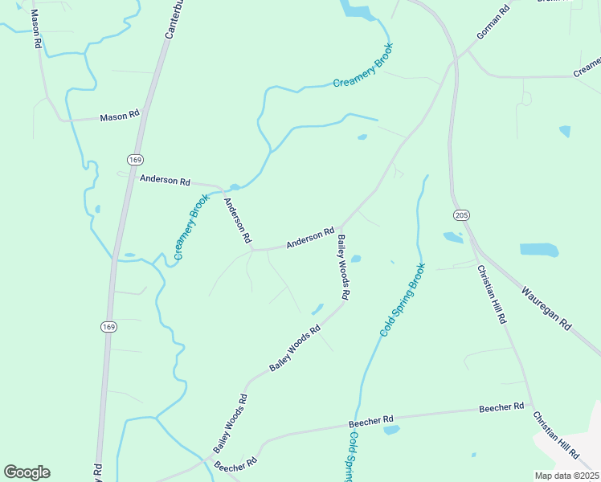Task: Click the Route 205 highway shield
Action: [x=461, y=215]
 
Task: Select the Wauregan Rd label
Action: [x=546, y=309]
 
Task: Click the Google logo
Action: [x=27, y=472]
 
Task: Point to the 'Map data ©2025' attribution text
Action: [x=566, y=476]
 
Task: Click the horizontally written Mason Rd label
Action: [x=120, y=117]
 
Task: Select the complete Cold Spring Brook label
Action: [x=402, y=299]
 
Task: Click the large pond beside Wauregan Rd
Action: [x=538, y=250]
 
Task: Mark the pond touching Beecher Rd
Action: [x=391, y=430]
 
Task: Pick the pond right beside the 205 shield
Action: [x=453, y=237]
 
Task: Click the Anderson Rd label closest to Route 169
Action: [x=165, y=181]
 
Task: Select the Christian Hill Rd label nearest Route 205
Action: [x=491, y=294]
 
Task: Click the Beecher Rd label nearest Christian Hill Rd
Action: [x=501, y=408]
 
